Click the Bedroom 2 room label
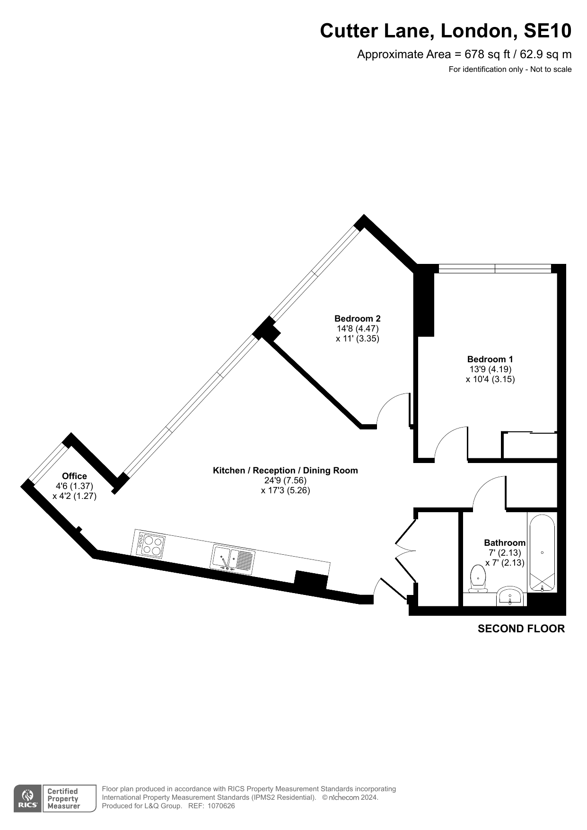pos(357,319)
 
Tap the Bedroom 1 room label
pos(490,359)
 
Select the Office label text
pos(74,476)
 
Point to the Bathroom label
pos(505,543)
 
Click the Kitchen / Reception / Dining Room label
pos(285,471)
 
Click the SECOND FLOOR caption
pos(521,629)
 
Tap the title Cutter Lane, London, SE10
pos(446,31)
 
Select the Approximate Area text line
pos(464,54)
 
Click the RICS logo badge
pos(28,799)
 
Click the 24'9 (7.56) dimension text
pos(285,481)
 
